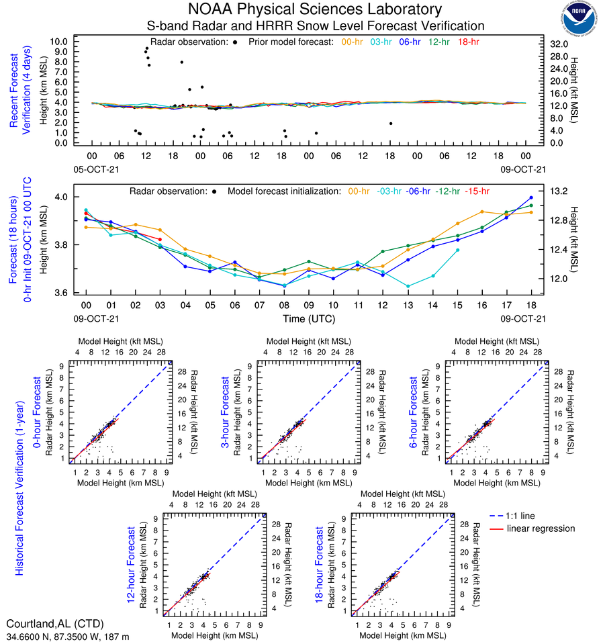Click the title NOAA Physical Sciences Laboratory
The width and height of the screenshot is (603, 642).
[315, 9]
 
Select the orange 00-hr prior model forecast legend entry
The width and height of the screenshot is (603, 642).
[353, 42]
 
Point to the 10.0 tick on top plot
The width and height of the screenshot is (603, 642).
[59, 41]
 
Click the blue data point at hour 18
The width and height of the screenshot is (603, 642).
[531, 197]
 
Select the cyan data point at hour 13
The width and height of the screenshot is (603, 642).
[408, 286]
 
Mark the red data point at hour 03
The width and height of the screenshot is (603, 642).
[160, 239]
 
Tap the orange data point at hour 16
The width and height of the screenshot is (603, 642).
[481, 212]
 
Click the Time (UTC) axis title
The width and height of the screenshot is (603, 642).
[308, 319]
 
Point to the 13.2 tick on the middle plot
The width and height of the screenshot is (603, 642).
[559, 191]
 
